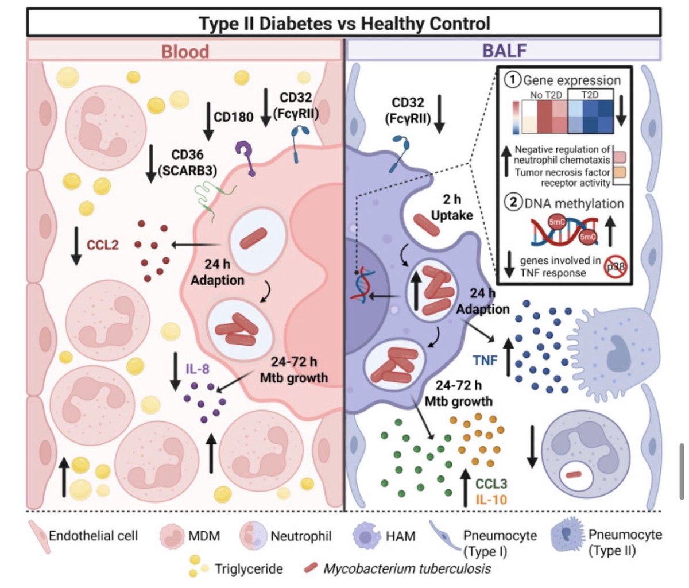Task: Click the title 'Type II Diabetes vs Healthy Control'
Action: point(344,24)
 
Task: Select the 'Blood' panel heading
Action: point(184,52)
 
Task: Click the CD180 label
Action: point(233,117)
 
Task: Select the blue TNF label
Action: point(485,360)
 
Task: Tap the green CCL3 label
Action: point(491,483)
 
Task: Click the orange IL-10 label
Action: point(491,500)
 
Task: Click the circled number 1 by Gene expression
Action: point(513,80)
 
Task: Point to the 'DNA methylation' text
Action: point(574,203)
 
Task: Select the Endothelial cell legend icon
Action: point(38,536)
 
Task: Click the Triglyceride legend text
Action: point(249,569)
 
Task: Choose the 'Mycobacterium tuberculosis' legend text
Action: point(407,569)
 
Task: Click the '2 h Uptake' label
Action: point(452,207)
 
